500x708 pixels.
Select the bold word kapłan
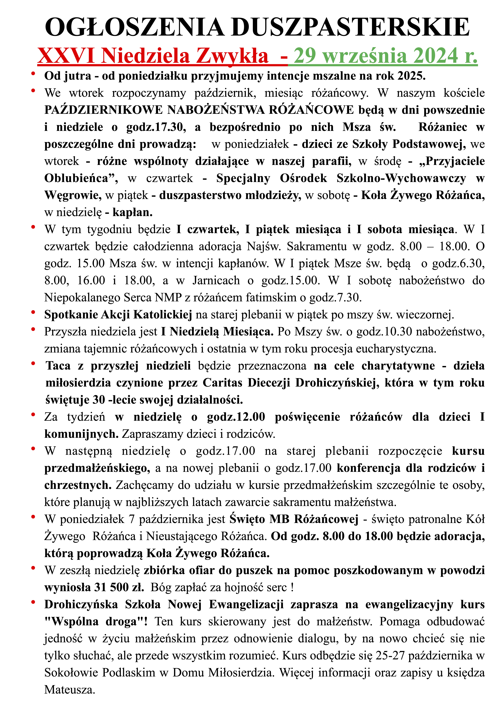tap(132, 212)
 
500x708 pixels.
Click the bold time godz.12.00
tap(236, 417)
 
